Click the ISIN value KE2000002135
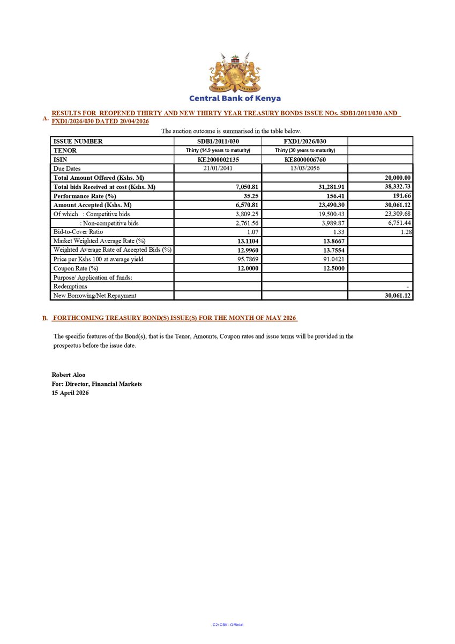point(218,159)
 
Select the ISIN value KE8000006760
point(304,159)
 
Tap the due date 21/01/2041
point(218,169)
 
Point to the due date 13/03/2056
point(304,169)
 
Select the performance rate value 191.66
point(401,196)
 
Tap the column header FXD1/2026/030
point(304,141)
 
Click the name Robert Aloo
point(68,375)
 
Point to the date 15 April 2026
point(70,393)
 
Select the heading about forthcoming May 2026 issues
point(175,318)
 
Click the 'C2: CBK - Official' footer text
point(227,625)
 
